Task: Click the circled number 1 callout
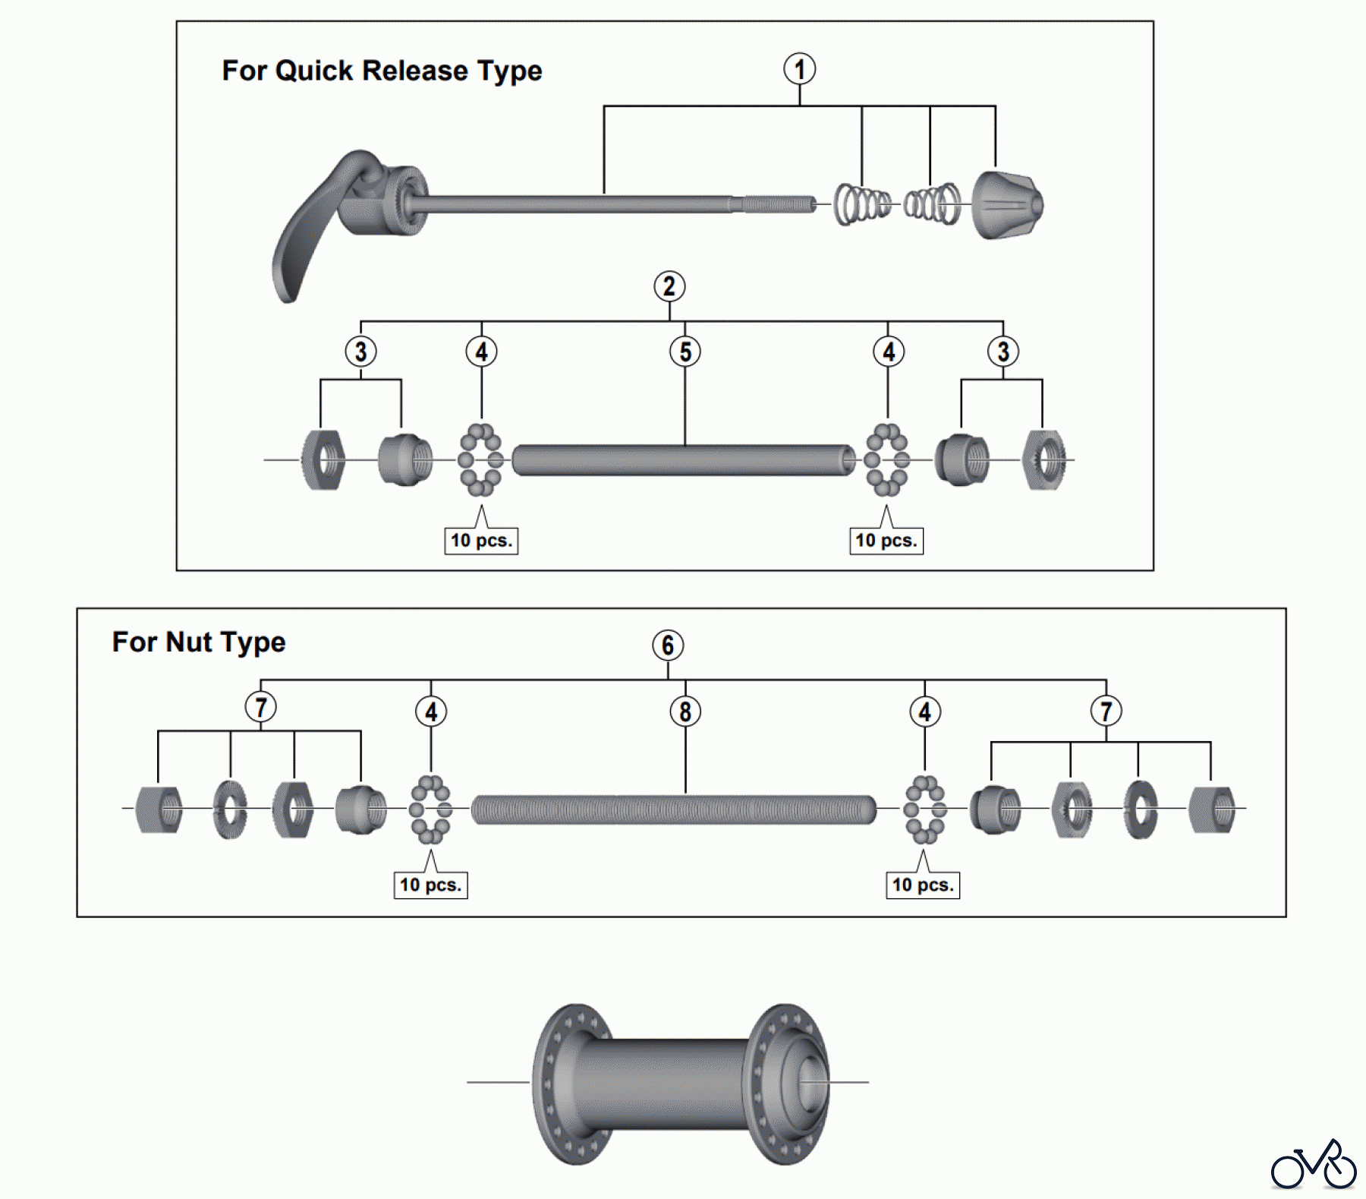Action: coord(799,69)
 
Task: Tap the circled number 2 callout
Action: coord(669,286)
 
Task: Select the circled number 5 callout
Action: coord(685,352)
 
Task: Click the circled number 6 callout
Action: coord(668,645)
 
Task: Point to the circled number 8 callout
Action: coord(685,712)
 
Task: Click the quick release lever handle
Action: coord(304,235)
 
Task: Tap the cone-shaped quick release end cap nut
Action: coord(1007,205)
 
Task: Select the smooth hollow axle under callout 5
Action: coord(683,460)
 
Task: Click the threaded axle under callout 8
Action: coord(673,809)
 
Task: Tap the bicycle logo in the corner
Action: coord(1314,1165)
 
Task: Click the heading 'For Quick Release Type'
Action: coord(382,71)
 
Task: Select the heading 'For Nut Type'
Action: coord(199,642)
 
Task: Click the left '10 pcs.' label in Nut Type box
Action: coord(430,885)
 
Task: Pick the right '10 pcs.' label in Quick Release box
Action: coord(886,541)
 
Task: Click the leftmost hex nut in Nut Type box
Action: coord(159,809)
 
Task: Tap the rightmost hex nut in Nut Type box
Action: coord(1212,809)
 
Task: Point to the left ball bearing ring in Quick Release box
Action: coord(480,459)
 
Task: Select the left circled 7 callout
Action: coord(260,708)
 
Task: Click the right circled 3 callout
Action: coord(1002,352)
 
